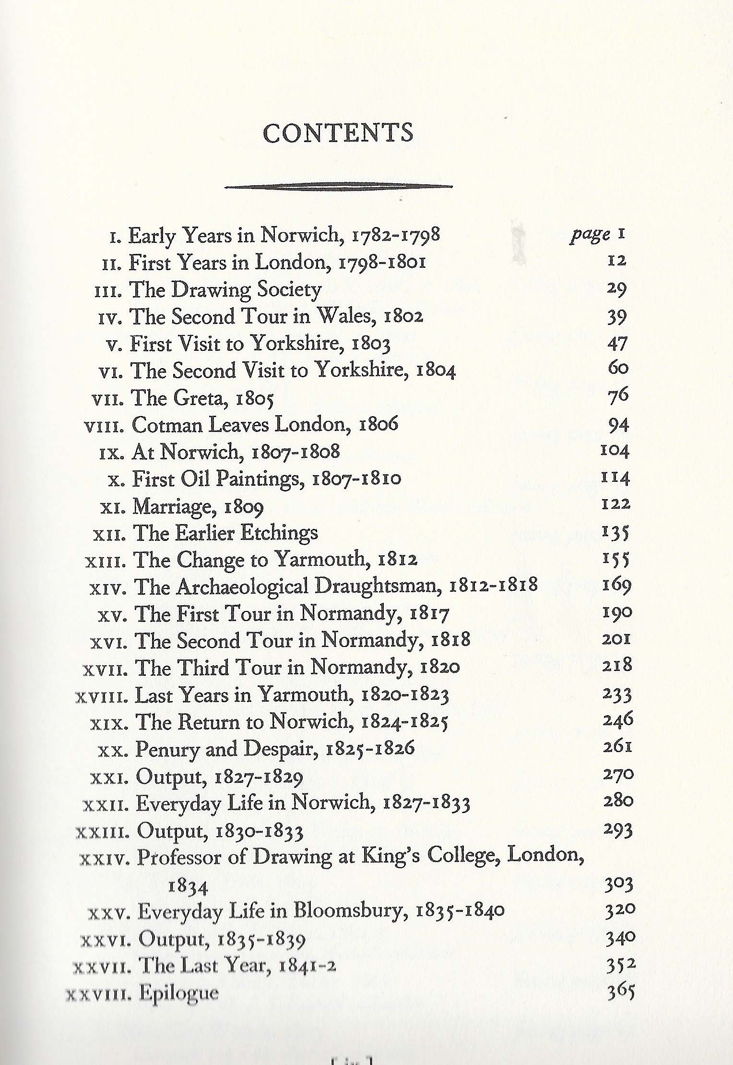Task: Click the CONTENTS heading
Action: click(x=338, y=133)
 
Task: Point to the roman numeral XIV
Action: click(x=108, y=587)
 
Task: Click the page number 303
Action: click(x=619, y=883)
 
